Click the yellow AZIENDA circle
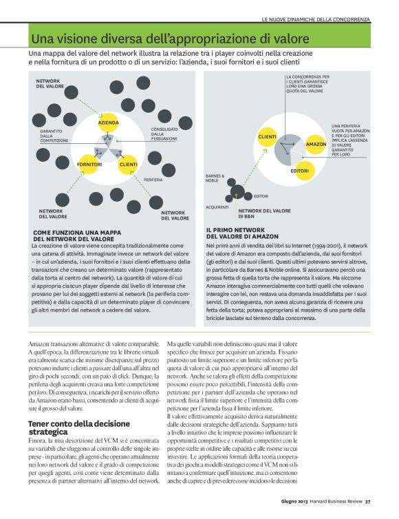[x=109, y=123]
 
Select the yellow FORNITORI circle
[x=90, y=165]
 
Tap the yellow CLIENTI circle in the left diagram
[x=129, y=165]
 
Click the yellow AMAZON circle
[x=316, y=144]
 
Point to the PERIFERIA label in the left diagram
[x=153, y=180]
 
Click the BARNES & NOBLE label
[x=215, y=178]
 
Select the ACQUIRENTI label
[x=217, y=206]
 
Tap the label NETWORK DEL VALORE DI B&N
[x=265, y=213]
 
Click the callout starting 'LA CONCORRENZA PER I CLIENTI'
[x=307, y=83]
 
